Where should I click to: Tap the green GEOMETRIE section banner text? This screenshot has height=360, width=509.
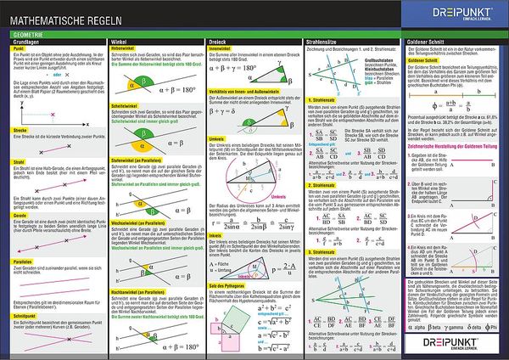pyautogui.click(x=23, y=33)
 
